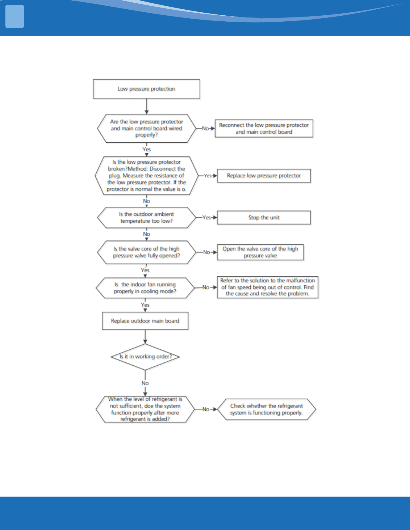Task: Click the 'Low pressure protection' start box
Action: pos(146,89)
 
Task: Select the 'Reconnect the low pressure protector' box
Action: pos(264,129)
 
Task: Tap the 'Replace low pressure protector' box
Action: pos(264,176)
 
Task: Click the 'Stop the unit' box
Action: pos(264,218)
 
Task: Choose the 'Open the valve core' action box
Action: pos(260,252)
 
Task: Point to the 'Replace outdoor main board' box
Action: pos(145,321)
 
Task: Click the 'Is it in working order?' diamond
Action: pos(145,357)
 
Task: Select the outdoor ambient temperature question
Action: pos(147,218)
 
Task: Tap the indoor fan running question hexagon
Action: pos(145,288)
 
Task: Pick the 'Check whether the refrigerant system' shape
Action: pos(267,409)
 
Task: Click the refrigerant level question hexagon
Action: pos(145,409)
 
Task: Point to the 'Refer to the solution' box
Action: pos(268,287)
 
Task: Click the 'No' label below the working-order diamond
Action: pos(145,383)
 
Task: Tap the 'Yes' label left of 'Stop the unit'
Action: pos(207,217)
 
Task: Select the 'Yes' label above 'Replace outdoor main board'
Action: pos(145,305)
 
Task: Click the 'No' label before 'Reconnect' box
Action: pos(205,129)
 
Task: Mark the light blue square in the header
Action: pos(15,17)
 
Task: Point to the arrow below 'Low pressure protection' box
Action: pos(147,107)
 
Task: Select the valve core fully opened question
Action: pos(147,252)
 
